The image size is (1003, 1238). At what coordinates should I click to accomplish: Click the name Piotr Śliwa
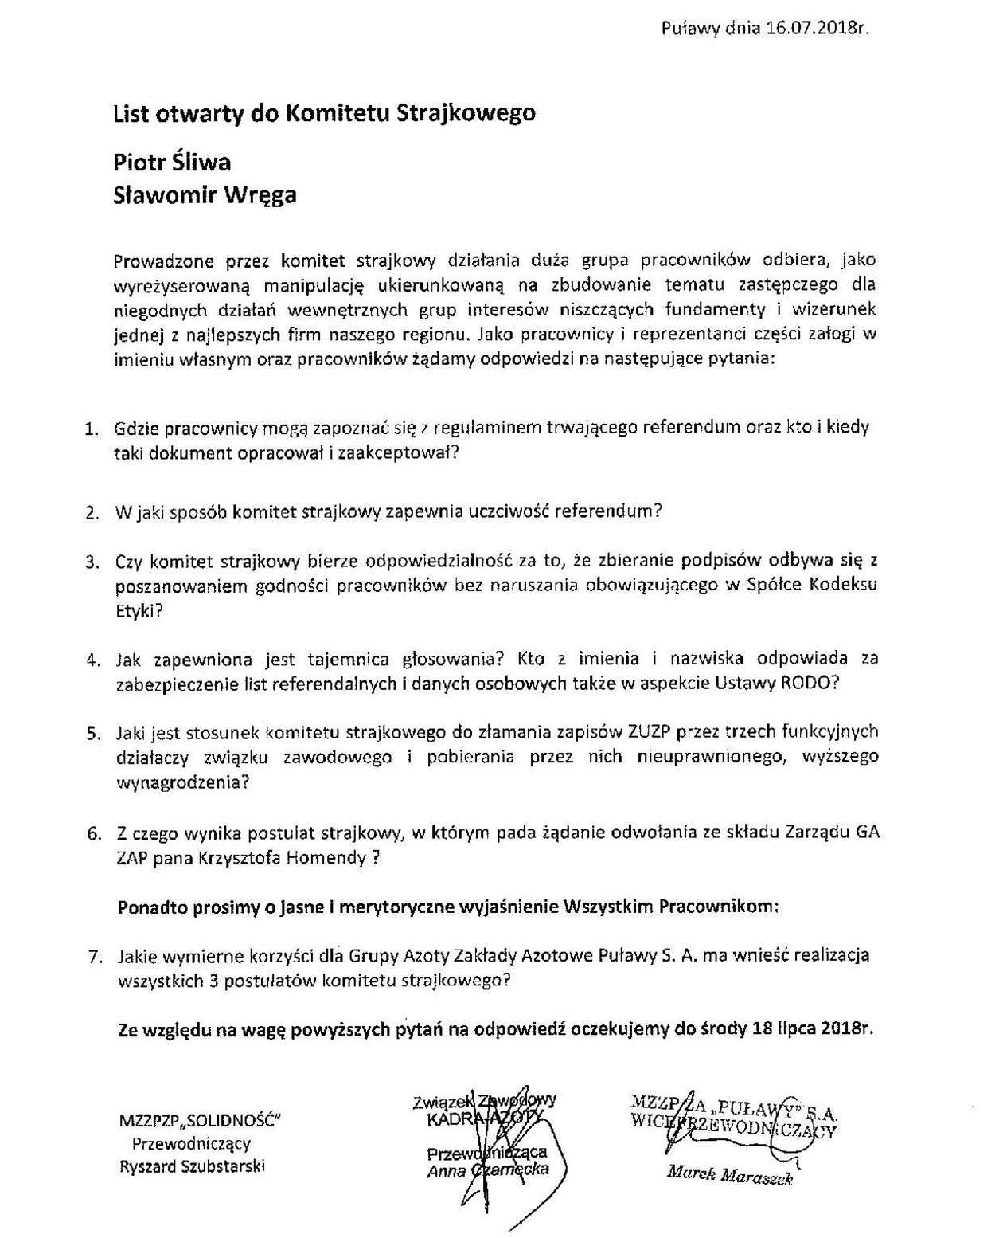coord(172,162)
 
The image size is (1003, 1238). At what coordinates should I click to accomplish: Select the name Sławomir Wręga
coord(205,194)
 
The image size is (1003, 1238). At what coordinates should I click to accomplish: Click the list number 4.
coord(92,660)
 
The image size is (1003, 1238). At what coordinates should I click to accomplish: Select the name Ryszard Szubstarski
coord(192,1166)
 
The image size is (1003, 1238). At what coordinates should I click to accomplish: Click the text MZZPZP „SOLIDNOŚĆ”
coord(199,1122)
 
